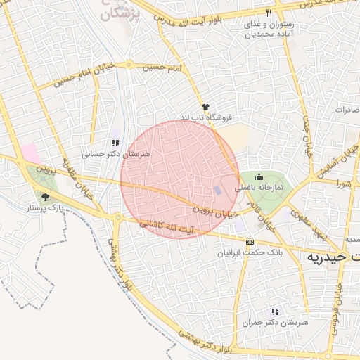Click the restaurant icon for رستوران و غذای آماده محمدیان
click(x=269, y=13)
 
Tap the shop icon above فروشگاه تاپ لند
click(x=205, y=106)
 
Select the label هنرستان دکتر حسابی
click(x=103, y=153)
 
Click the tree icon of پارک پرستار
click(x=46, y=197)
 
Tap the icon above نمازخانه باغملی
click(x=259, y=176)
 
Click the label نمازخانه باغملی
click(x=259, y=188)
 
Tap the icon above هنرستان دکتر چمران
click(x=275, y=311)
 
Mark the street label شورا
click(x=344, y=184)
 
